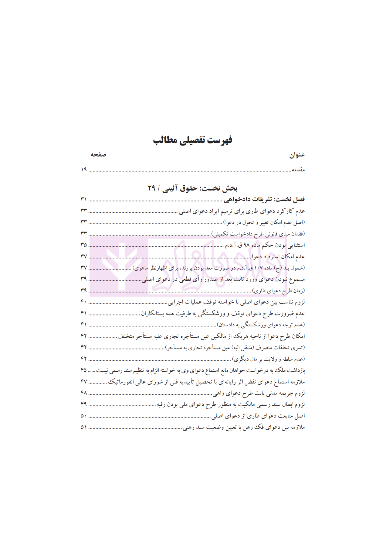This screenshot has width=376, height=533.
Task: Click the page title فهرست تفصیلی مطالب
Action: coord(192,140)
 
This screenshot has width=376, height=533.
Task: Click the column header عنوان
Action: coord(296,155)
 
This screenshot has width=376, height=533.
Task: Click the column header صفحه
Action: coord(98,154)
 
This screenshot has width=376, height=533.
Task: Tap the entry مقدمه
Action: coord(298,170)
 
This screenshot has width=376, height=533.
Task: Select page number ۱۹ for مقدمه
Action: coord(84,170)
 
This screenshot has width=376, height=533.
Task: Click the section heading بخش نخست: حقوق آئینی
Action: coord(192,188)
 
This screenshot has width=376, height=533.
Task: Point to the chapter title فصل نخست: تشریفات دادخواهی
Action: coord(264,199)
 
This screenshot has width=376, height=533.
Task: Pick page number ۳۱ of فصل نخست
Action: coord(84,199)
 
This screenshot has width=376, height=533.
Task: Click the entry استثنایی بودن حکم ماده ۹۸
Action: coord(265,245)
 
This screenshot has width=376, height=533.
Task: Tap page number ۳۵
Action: coord(84,245)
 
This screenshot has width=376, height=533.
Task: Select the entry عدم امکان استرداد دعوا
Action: coord(278,256)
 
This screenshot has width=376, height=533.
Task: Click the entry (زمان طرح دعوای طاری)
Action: coord(278,291)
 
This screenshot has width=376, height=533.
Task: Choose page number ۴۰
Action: coord(84,302)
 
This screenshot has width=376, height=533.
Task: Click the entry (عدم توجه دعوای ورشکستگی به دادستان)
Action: coord(261,325)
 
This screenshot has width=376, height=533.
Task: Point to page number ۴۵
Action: coord(84,370)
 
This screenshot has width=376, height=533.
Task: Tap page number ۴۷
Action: coord(84,382)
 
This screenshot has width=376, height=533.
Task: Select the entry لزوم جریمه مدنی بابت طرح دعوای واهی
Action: coord(258,393)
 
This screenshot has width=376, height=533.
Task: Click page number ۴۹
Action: coord(84,404)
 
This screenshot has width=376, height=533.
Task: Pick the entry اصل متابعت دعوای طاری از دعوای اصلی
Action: coord(258,416)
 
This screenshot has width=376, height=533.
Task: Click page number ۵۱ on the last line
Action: coord(84,427)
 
